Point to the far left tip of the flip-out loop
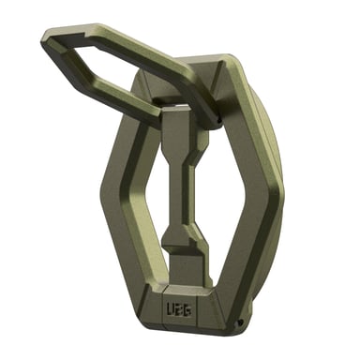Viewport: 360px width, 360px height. point(45,38)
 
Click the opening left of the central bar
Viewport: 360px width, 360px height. point(145,202)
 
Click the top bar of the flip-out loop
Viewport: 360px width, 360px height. point(122,35)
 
